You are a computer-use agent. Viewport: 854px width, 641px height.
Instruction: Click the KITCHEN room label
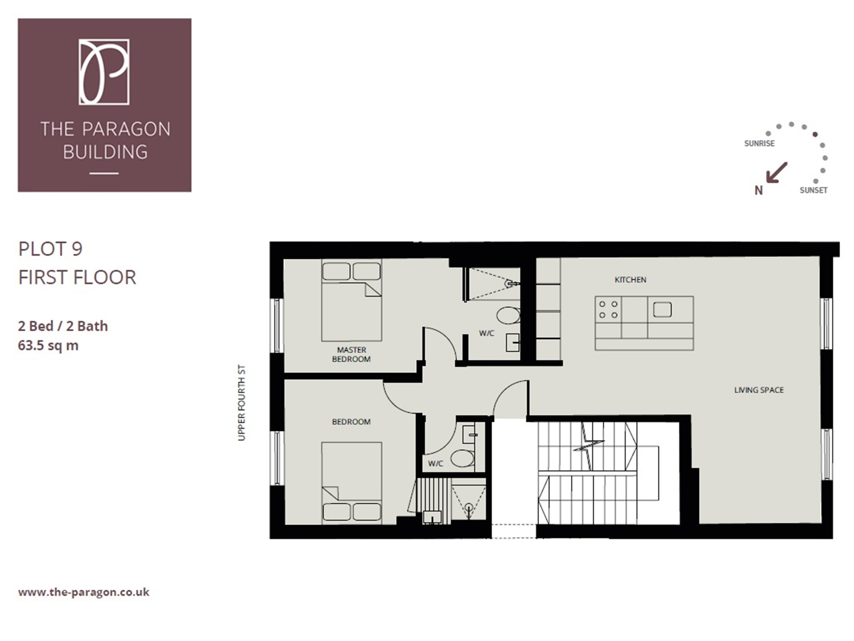click(x=630, y=279)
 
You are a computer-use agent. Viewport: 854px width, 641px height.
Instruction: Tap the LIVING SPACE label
click(x=759, y=390)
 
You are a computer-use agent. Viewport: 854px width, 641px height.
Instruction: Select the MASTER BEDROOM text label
click(x=351, y=354)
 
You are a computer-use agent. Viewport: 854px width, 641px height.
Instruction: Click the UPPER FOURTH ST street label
click(x=241, y=403)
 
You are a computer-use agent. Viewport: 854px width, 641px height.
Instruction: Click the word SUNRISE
click(x=759, y=143)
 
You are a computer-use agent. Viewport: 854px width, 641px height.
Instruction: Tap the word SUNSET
click(x=813, y=190)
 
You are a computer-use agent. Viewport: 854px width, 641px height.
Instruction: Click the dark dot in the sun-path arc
click(x=815, y=134)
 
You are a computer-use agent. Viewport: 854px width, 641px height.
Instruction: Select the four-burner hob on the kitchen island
click(x=608, y=310)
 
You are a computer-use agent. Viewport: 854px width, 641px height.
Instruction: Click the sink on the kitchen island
click(x=662, y=310)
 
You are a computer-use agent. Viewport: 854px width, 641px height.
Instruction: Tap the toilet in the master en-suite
click(x=508, y=315)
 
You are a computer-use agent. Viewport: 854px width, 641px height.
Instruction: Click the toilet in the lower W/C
click(x=462, y=458)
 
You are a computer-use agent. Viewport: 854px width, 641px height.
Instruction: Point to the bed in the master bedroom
click(x=351, y=300)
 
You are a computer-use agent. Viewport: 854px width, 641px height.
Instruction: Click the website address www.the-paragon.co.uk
click(x=84, y=592)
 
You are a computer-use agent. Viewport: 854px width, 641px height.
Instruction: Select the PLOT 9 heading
click(x=50, y=249)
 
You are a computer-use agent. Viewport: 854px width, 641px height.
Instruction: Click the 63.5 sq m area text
click(x=48, y=346)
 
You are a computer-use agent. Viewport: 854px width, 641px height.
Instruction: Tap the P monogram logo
click(x=104, y=72)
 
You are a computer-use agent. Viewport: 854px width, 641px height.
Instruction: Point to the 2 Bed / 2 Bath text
click(x=63, y=326)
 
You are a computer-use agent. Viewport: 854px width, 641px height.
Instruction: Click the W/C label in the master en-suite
click(x=486, y=333)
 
